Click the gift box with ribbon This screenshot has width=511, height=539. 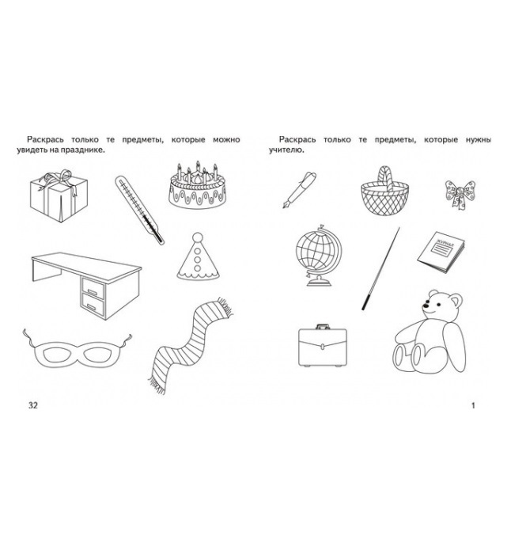[59, 196]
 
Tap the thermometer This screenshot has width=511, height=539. [139, 210]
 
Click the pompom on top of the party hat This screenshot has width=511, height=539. [198, 237]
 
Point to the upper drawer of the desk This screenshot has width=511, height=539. [93, 289]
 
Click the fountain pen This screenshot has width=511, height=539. [299, 189]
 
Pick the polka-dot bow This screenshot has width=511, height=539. [460, 195]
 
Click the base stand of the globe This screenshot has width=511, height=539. [320, 282]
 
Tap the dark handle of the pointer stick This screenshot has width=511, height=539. [366, 302]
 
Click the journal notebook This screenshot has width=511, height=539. [441, 252]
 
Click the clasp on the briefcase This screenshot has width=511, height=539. [322, 347]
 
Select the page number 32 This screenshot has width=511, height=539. [33, 405]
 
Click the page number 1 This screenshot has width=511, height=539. [473, 405]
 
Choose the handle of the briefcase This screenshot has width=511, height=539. [323, 326]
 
